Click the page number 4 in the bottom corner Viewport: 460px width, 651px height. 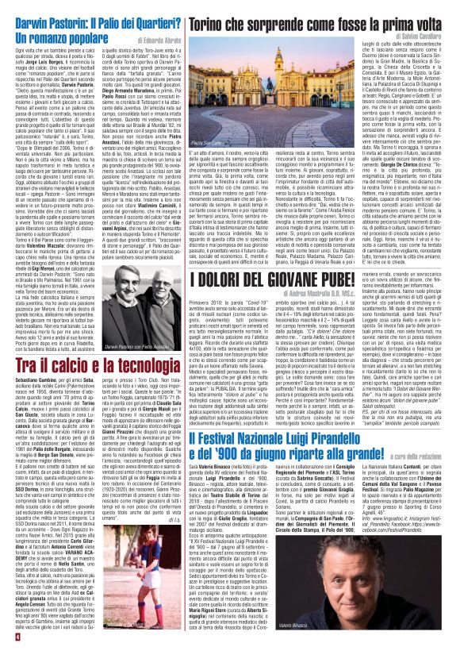[7, 641]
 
